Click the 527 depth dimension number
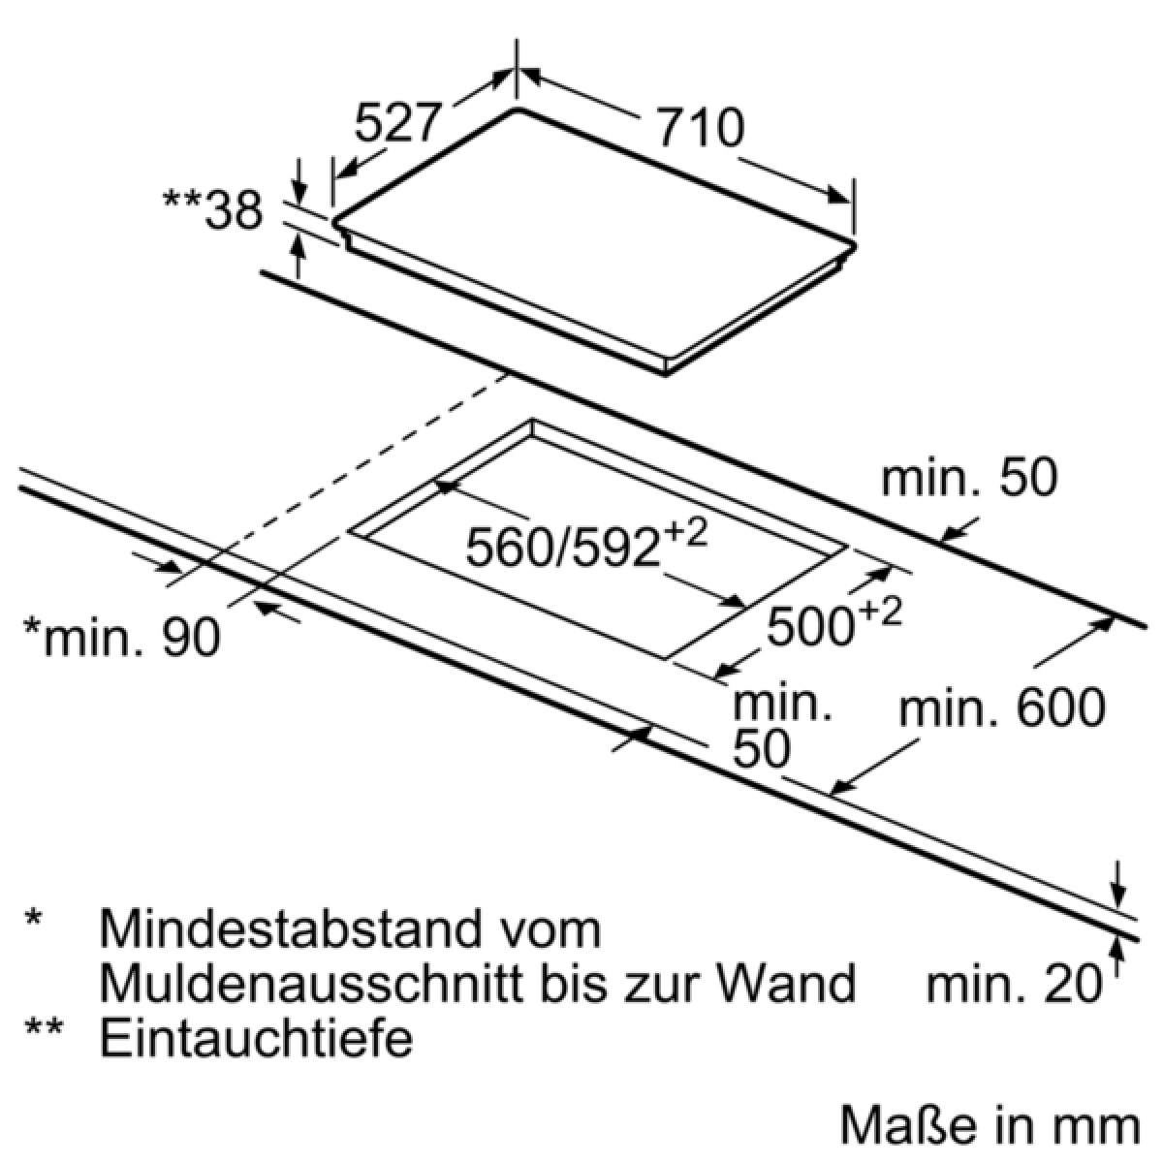click(396, 123)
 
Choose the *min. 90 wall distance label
click(122, 638)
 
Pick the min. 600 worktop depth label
click(1002, 708)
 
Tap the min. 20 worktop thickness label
click(1014, 985)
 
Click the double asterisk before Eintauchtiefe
click(44, 1030)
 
